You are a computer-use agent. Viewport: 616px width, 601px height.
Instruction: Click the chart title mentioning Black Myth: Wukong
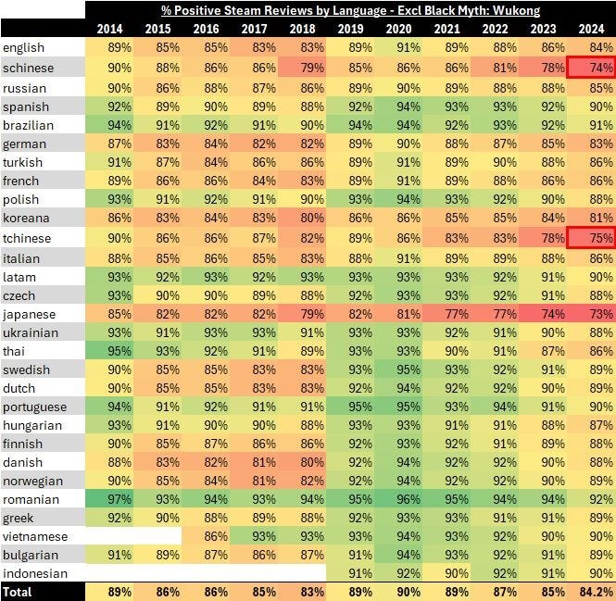(349, 10)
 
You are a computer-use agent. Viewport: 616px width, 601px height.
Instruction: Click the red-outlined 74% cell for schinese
(591, 68)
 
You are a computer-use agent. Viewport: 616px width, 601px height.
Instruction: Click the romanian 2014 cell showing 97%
(119, 499)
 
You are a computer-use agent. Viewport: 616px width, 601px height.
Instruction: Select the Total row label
(19, 591)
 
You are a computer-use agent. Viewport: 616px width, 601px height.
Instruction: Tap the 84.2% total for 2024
(594, 591)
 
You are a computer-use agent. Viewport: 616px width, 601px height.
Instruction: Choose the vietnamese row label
(35, 536)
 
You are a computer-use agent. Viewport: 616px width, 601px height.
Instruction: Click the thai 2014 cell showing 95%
(119, 351)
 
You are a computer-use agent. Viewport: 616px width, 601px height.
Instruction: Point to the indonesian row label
(35, 573)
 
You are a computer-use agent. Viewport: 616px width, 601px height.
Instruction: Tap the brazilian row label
(29, 124)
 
